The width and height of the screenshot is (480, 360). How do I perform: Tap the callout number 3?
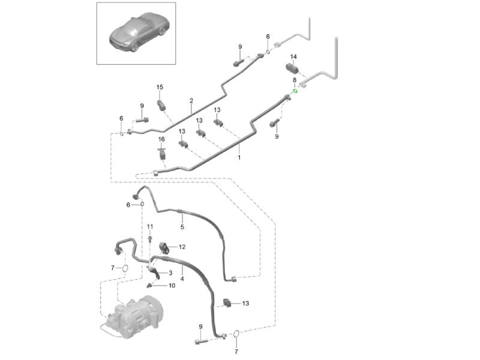click(170, 273)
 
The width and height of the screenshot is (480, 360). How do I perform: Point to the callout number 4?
click(182, 280)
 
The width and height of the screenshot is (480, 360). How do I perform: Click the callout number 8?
click(294, 80)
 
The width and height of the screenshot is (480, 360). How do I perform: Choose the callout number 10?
click(172, 286)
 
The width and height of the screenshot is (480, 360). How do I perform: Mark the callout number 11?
click(150, 226)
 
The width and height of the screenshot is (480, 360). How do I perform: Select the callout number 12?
click(182, 247)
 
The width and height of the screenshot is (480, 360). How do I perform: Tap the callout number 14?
click(293, 57)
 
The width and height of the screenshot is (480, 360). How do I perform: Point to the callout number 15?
click(160, 88)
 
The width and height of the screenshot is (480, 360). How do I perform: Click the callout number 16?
click(161, 139)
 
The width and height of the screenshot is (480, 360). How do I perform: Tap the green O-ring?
click(295, 91)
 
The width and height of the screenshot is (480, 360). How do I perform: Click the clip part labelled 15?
click(161, 105)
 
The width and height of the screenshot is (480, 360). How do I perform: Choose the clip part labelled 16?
click(161, 154)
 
